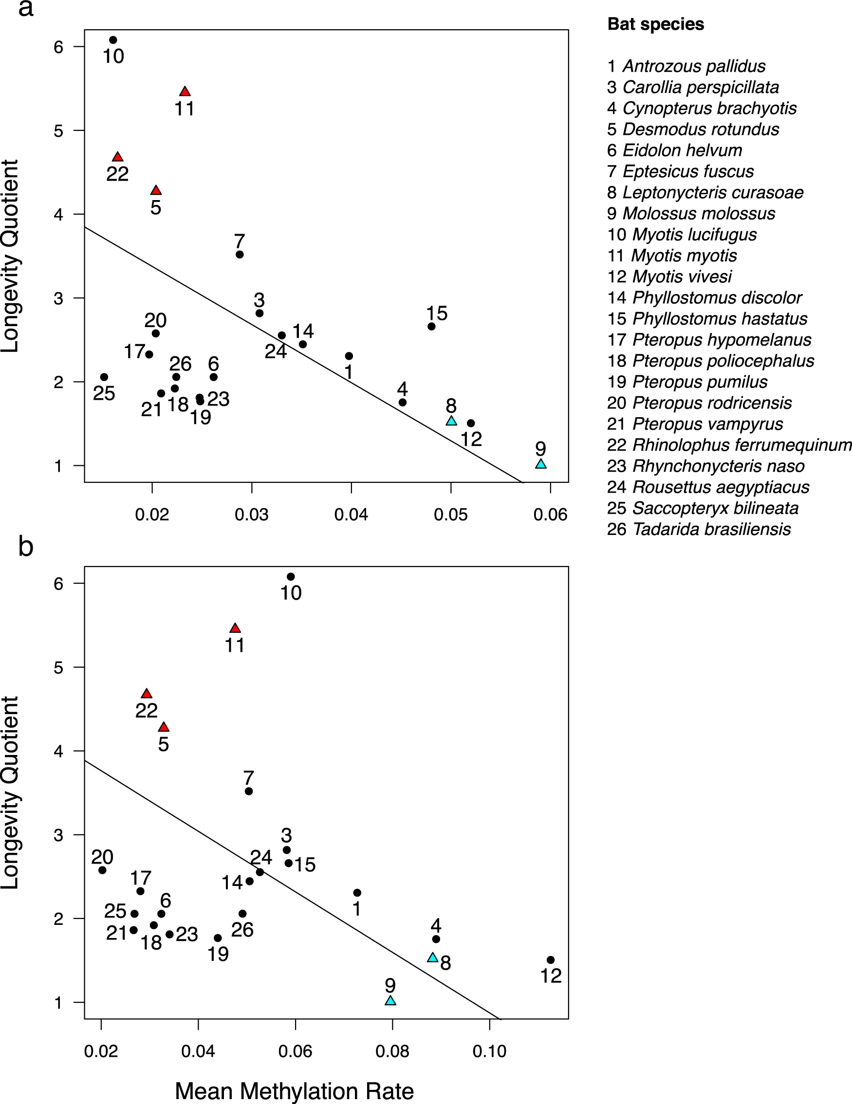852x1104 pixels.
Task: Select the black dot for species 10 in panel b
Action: click(291, 577)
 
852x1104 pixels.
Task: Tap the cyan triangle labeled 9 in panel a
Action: click(541, 464)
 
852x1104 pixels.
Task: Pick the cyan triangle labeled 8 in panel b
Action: click(432, 957)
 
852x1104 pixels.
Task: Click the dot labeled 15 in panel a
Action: click(431, 327)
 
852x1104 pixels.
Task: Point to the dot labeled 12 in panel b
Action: click(551, 960)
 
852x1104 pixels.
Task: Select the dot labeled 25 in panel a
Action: click(104, 377)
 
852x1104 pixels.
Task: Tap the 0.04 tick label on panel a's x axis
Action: click(351, 515)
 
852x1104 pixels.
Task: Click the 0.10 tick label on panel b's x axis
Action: click(489, 1052)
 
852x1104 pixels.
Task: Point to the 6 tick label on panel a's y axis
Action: click(58, 47)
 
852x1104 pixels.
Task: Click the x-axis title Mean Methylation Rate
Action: click(294, 1091)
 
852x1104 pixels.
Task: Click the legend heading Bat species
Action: click(655, 24)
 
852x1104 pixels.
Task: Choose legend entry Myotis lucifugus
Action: click(682, 235)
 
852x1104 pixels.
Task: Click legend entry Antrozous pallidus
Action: click(686, 66)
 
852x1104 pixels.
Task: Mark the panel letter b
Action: click(25, 547)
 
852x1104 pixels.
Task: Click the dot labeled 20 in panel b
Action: click(102, 870)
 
